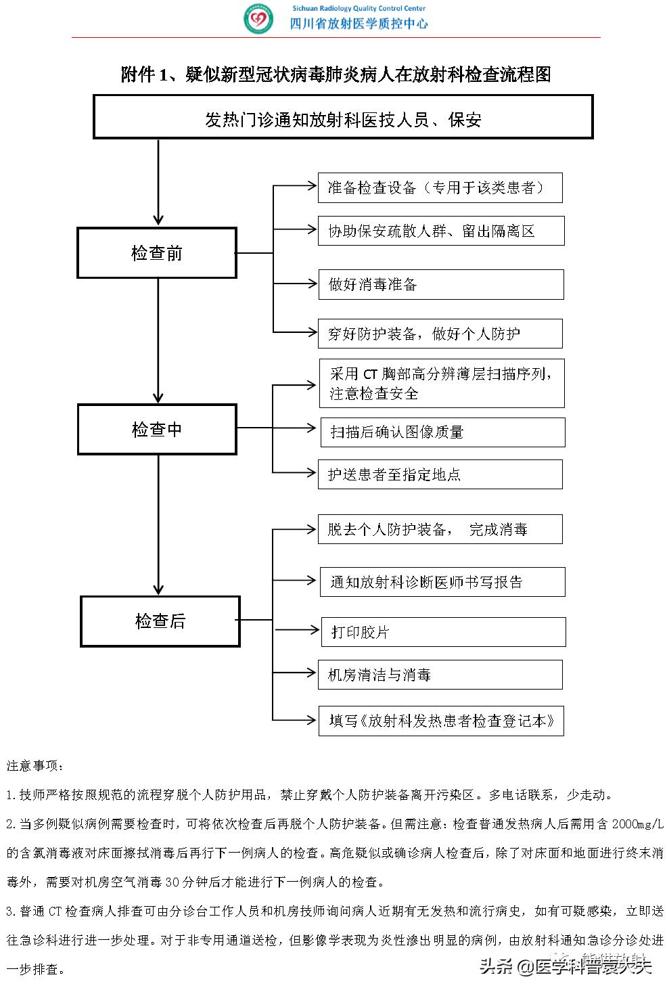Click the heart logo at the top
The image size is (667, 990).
click(258, 20)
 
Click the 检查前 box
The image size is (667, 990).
click(157, 253)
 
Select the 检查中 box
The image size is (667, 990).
click(157, 430)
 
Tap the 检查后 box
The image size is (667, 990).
click(160, 621)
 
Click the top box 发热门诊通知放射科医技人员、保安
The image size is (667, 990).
click(343, 118)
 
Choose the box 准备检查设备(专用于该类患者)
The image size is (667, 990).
click(440, 187)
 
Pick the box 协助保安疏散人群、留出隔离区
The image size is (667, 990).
click(441, 231)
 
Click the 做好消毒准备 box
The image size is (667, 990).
click(441, 284)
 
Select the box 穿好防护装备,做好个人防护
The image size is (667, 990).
click(440, 334)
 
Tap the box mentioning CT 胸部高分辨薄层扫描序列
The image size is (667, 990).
click(442, 384)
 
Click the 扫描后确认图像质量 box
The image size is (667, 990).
click(442, 432)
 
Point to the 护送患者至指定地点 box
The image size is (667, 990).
click(440, 474)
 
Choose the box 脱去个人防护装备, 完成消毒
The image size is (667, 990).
click(440, 529)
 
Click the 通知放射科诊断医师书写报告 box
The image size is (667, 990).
click(442, 582)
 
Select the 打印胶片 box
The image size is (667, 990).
click(443, 632)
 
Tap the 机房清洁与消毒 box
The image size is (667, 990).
click(440, 675)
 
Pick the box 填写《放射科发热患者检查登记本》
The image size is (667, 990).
click(442, 721)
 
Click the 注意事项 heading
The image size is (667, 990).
click(36, 766)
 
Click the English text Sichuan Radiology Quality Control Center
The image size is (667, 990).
click(359, 8)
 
